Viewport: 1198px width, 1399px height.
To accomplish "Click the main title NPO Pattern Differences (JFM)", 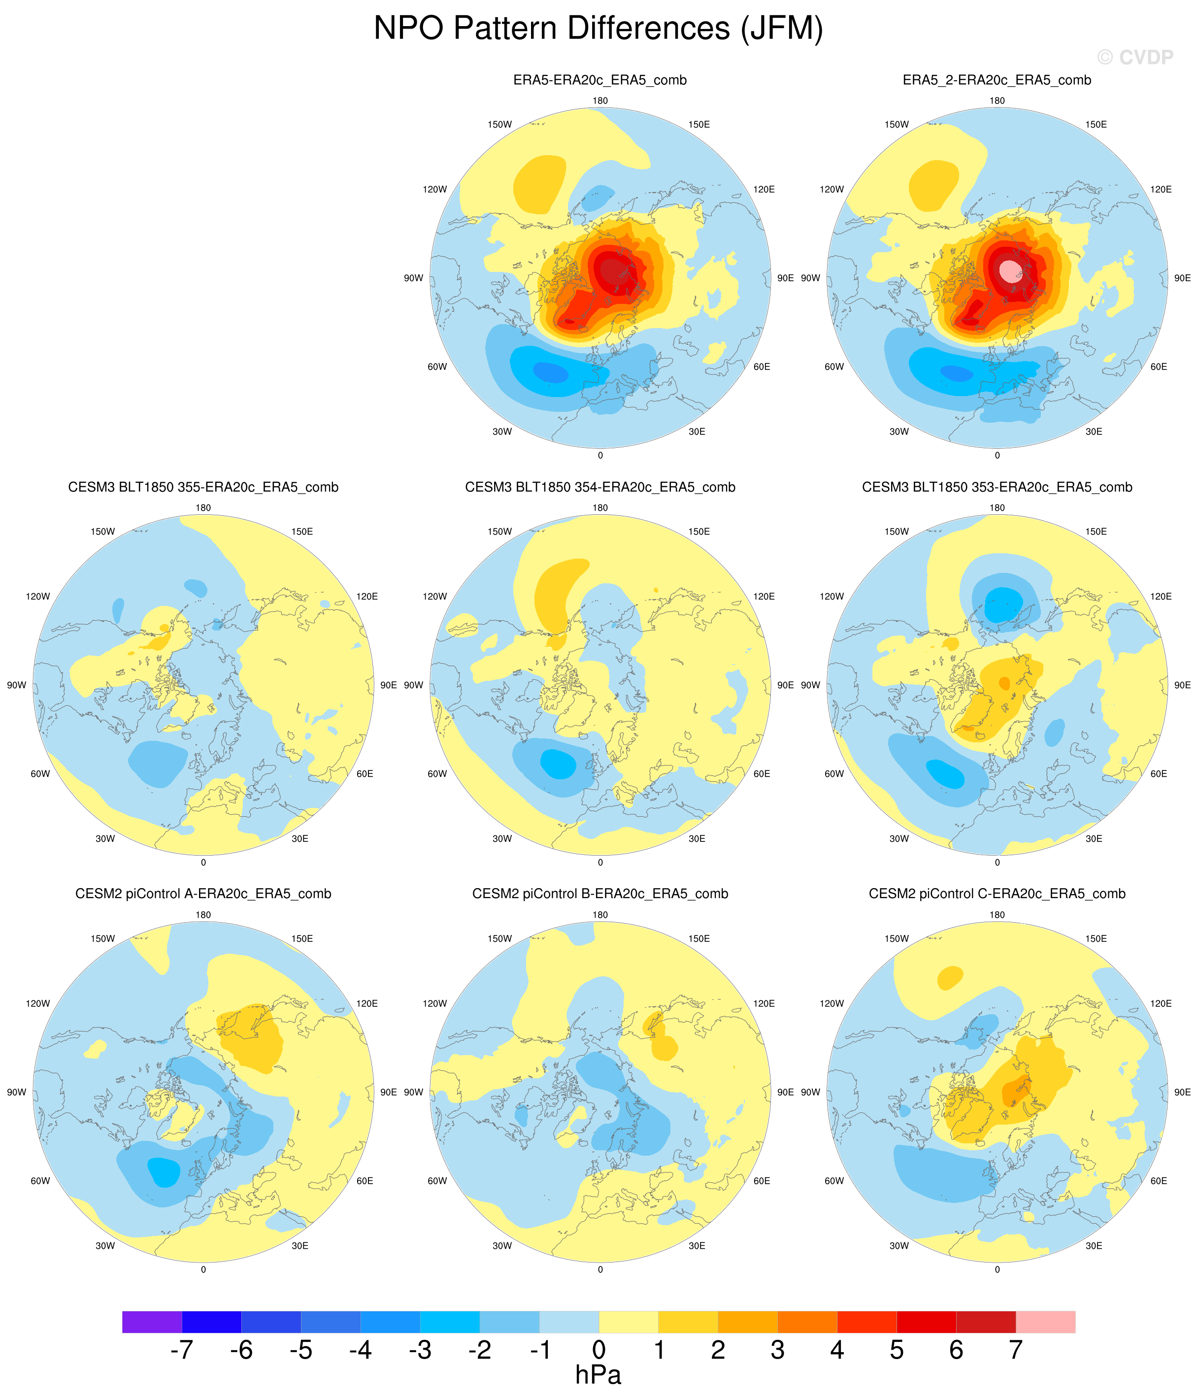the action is tap(599, 29).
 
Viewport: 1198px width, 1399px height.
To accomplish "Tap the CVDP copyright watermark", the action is tap(1135, 58).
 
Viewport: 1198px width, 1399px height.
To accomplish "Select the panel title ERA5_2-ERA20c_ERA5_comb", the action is tap(997, 80).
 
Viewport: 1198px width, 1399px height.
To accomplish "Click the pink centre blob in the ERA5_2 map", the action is tap(1010, 271).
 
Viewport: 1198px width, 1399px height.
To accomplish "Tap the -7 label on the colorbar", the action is tap(182, 1350).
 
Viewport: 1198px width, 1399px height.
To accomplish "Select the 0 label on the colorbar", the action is tap(599, 1350).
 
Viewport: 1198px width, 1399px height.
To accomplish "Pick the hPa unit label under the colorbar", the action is tap(599, 1375).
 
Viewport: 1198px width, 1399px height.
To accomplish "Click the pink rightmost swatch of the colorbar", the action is tap(1045, 1321).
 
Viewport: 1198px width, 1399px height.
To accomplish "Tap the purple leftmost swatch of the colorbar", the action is tap(152, 1321).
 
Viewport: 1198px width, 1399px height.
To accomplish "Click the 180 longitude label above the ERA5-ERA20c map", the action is tap(599, 100).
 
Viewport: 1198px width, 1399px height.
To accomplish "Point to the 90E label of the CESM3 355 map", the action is tap(388, 685).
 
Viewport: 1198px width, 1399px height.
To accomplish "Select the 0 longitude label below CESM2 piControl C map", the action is tap(997, 1270).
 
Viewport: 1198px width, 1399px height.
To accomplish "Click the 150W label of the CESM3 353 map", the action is tap(897, 532).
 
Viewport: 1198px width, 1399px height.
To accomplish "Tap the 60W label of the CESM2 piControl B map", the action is tap(437, 1181).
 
